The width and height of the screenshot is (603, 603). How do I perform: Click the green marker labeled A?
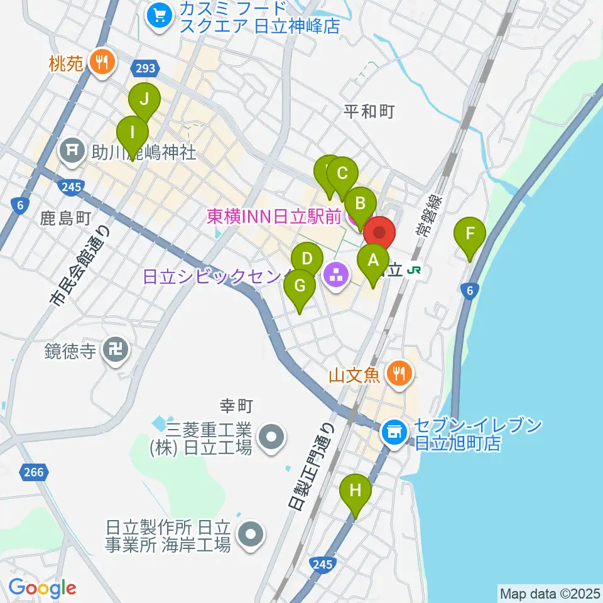(372, 259)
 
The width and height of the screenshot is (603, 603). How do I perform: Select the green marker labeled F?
(470, 234)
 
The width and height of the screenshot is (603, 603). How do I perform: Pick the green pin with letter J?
(145, 99)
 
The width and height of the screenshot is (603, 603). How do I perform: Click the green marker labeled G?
(299, 286)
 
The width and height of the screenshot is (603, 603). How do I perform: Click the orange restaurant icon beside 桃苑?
(100, 62)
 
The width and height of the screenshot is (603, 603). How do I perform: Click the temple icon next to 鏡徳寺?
(116, 351)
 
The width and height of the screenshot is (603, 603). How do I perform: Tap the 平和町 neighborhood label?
(369, 111)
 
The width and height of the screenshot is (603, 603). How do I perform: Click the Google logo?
(42, 588)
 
